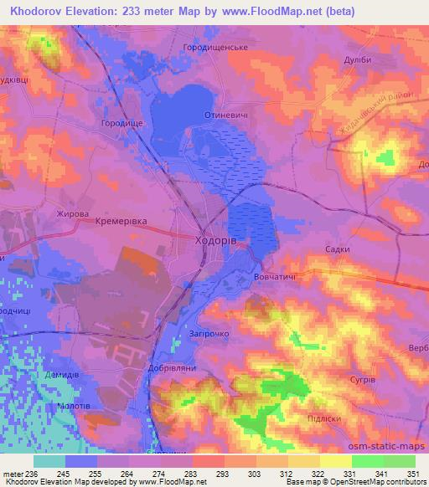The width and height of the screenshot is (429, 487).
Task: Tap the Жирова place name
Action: pyautogui.click(x=72, y=214)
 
